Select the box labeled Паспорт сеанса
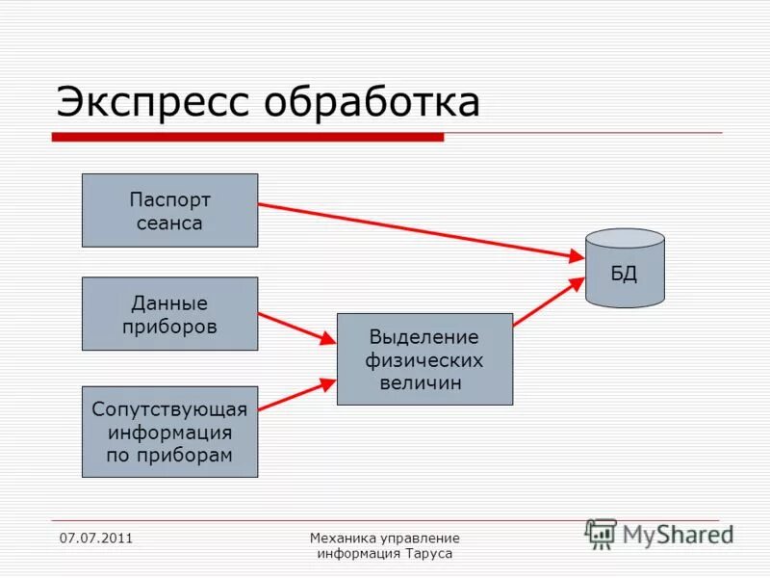point(169,210)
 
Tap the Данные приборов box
point(169,314)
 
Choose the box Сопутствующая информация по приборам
point(169,432)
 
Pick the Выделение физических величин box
point(424,359)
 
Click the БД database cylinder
point(625,269)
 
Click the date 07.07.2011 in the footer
point(95,538)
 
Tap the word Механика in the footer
point(343,538)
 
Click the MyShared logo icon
point(602,534)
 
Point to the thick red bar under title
point(247,138)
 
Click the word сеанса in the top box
point(169,223)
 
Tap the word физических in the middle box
point(424,360)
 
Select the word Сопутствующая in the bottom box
point(169,409)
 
